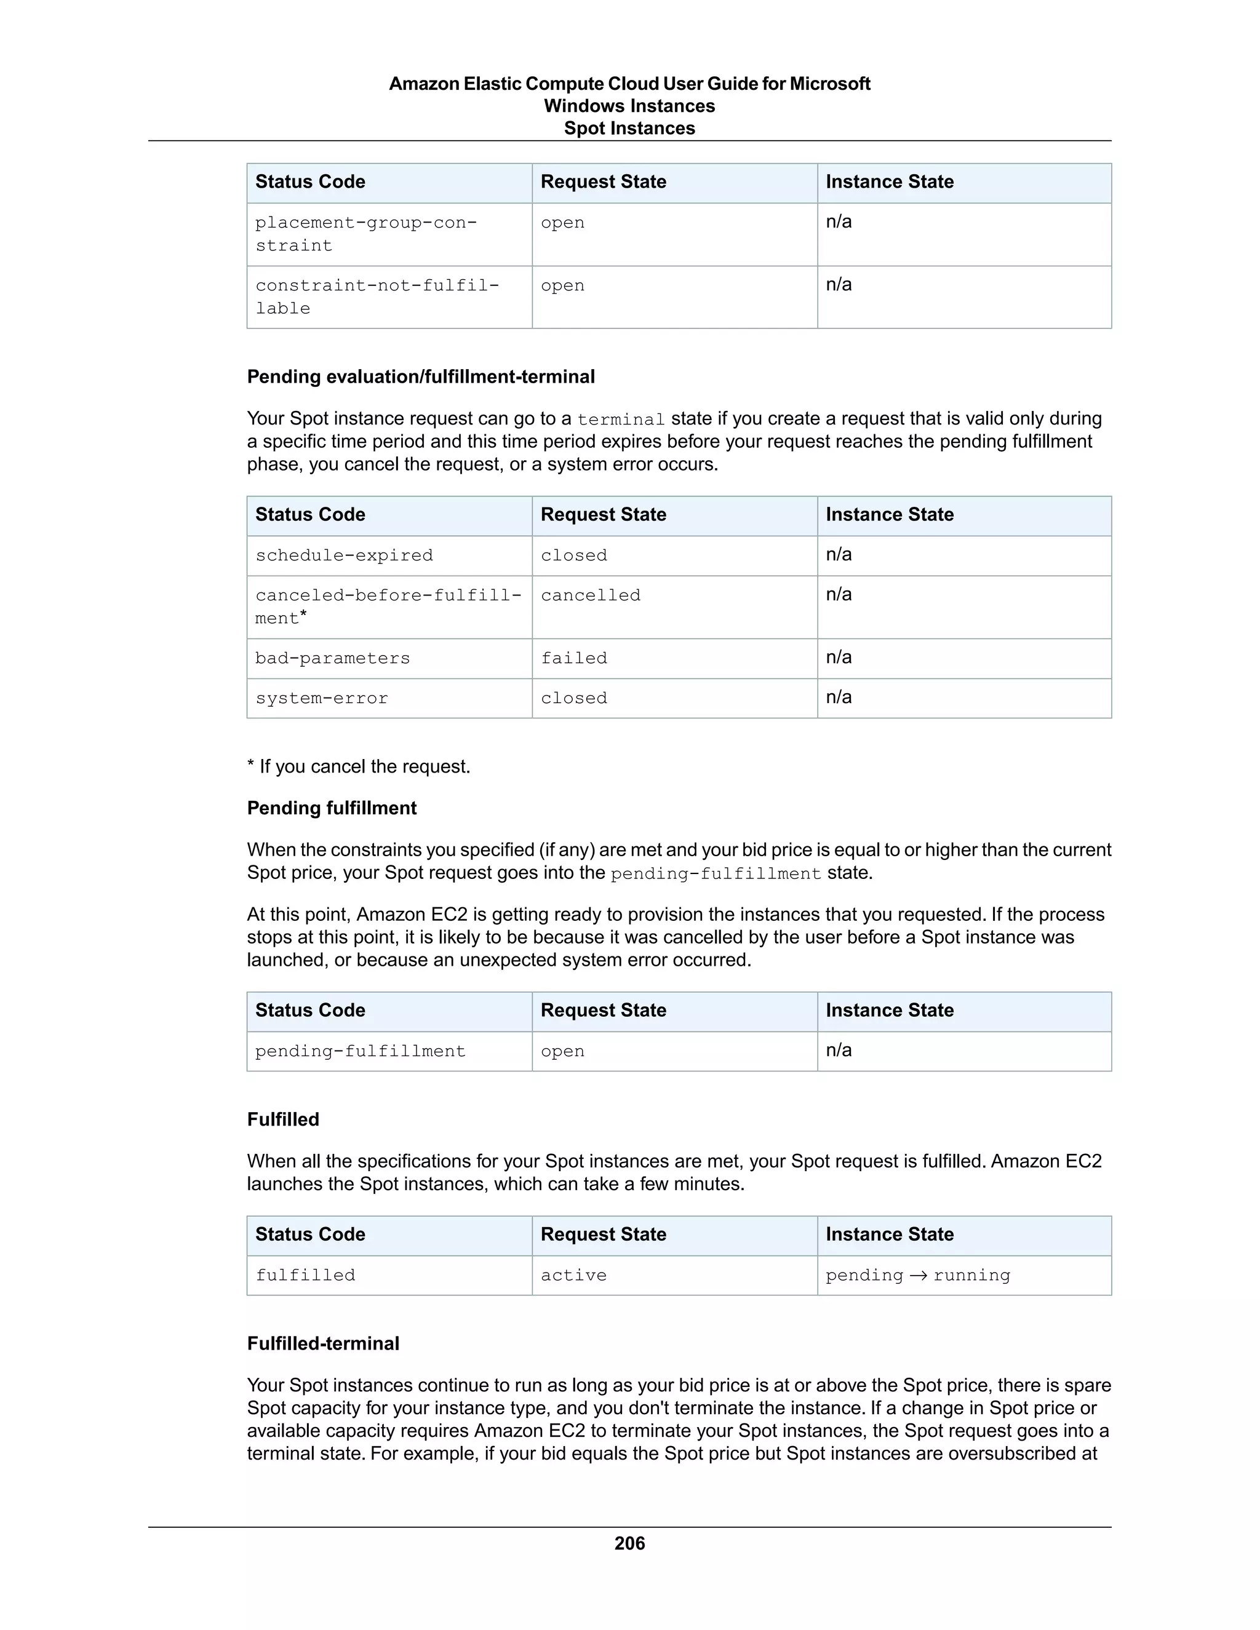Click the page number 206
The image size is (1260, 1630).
pos(629,1543)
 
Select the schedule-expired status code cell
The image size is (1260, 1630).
pos(344,555)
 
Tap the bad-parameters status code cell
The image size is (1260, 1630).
pos(333,658)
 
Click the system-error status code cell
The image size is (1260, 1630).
pos(322,699)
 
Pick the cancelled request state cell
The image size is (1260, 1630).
pos(591,595)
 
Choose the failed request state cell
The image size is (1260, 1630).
pos(574,658)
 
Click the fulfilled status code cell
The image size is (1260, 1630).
pos(305,1274)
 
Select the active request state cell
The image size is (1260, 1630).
pos(573,1274)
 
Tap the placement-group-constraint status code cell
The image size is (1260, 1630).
pos(366,234)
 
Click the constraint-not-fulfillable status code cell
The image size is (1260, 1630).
pos(377,296)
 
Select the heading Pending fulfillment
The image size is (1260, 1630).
pos(332,808)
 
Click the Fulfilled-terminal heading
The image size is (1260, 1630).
pos(323,1343)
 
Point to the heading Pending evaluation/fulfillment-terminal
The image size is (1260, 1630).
pos(421,376)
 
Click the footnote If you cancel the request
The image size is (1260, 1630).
pos(359,766)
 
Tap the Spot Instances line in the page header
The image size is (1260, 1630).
pos(629,129)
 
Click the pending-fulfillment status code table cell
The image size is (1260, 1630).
pos(360,1051)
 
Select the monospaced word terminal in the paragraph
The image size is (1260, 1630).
pos(620,419)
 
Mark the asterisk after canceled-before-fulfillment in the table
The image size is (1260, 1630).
pos(303,616)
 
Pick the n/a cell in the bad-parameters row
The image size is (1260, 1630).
pos(839,657)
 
